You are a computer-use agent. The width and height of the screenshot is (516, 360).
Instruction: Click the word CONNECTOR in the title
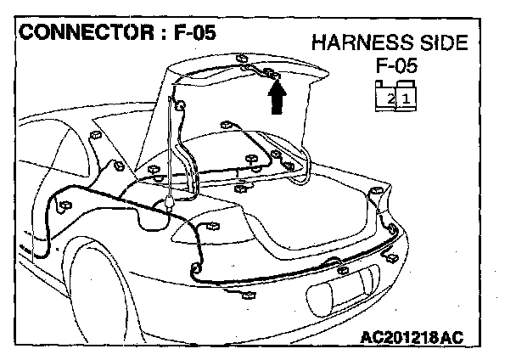tap(78, 35)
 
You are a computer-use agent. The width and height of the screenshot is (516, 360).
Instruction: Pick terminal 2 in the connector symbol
tap(390, 98)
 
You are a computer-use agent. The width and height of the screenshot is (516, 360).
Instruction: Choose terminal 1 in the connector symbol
tap(407, 98)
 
